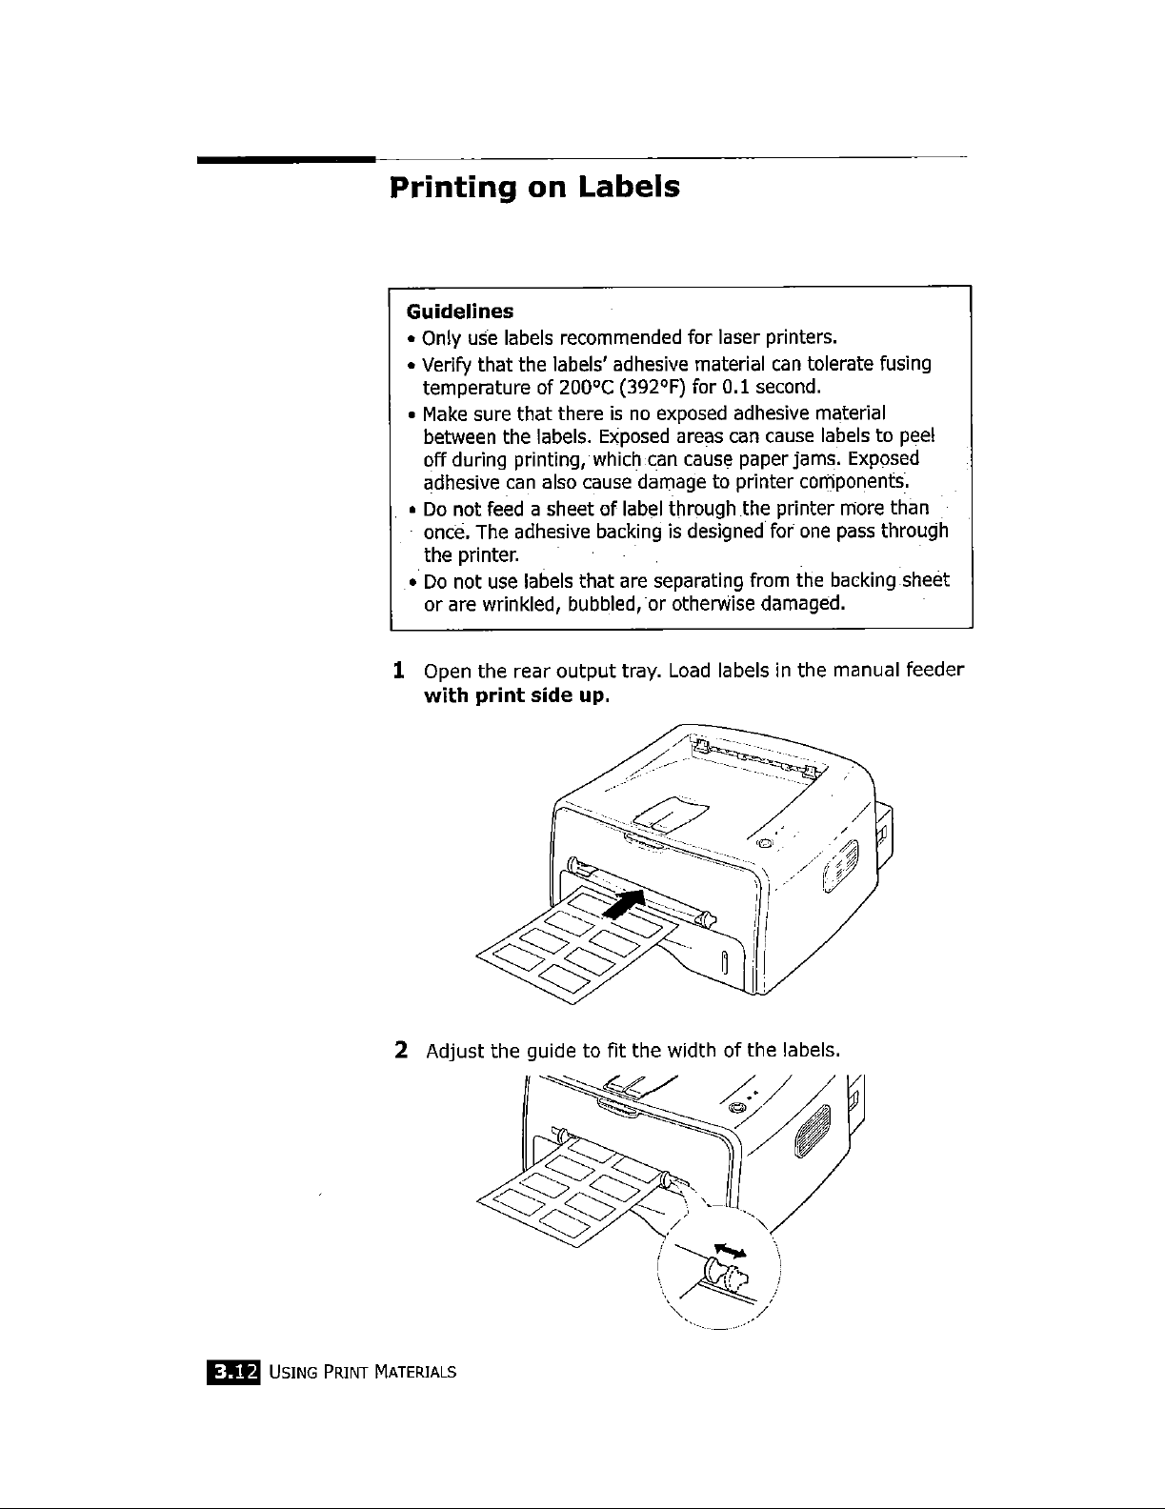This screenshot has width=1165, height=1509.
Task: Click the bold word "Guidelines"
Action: point(460,312)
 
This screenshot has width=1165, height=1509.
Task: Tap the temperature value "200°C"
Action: point(583,388)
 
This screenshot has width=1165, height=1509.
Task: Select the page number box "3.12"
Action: point(234,1372)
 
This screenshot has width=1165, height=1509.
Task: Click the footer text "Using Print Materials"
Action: point(363,1373)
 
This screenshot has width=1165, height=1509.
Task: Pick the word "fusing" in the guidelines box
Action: point(905,363)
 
